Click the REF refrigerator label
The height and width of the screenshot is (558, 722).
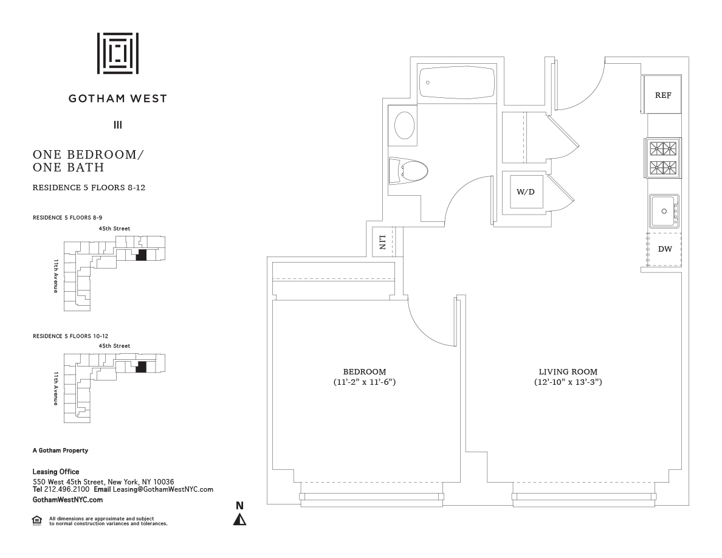662,95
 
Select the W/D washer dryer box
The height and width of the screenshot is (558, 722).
526,192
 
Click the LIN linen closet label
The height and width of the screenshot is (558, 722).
382,243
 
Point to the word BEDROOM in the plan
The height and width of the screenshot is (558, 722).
364,372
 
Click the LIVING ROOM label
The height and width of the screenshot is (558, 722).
568,372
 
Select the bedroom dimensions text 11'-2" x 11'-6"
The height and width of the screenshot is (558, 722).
364,382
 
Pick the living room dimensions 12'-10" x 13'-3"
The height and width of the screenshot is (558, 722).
568,382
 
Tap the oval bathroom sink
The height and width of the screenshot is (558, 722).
405,125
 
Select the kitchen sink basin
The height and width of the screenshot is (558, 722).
662,211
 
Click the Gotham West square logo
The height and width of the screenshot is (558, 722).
118,53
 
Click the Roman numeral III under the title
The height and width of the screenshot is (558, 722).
118,125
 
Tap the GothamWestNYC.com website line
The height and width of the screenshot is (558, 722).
67,499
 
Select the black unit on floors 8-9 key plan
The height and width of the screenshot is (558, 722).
142,255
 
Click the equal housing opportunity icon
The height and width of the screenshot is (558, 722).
37,520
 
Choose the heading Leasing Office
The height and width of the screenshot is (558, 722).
56,472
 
